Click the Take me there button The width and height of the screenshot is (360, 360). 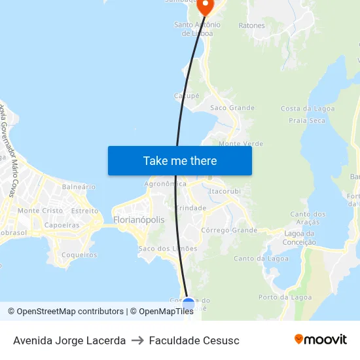179,160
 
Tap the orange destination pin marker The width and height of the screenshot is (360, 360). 206,7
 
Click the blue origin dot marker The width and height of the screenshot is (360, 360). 189,304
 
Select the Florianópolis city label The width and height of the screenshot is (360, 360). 139,220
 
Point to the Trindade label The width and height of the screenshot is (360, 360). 191,208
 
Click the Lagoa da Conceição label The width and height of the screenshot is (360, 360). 300,238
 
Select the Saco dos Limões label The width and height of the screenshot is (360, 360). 168,249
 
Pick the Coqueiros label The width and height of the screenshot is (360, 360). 79,255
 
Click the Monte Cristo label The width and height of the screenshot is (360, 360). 40,211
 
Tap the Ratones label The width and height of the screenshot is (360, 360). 252,26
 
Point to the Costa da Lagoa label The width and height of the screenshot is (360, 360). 307,109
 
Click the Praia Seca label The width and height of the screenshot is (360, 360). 307,120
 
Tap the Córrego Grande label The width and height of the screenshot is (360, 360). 229,230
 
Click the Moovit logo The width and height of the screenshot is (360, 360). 321,339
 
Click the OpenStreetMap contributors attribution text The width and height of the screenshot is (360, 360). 67,312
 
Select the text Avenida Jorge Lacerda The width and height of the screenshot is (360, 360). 69,340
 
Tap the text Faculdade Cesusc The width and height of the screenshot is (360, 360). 194,340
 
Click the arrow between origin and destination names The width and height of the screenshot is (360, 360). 137,340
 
